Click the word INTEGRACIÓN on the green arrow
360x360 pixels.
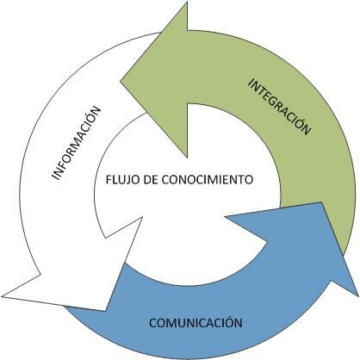[x=277, y=106]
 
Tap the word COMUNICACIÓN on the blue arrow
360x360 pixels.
[x=196, y=324]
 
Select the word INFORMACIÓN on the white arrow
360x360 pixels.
[x=76, y=142]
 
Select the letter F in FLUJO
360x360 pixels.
[x=106, y=181]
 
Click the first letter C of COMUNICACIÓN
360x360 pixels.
[x=152, y=324]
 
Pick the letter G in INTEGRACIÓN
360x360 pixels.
[x=273, y=102]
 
